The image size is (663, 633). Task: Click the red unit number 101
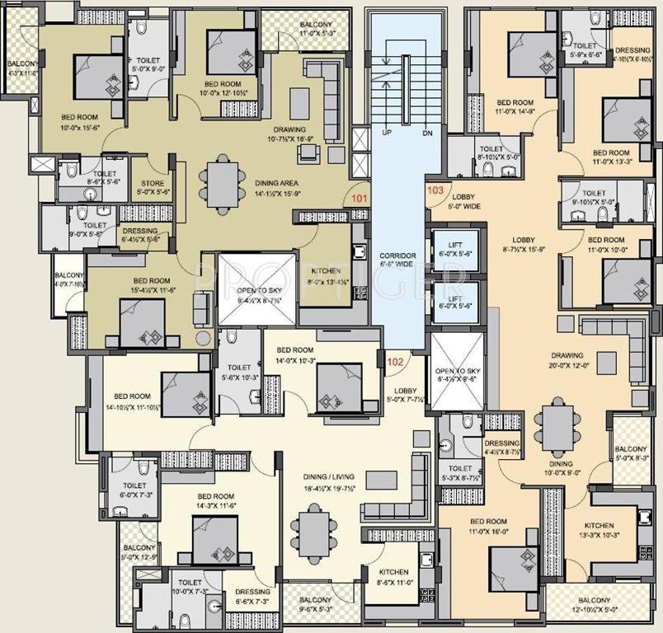359,198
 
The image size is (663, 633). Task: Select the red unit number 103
436,190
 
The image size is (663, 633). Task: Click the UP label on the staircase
384,132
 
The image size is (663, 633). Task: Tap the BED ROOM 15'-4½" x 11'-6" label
148,285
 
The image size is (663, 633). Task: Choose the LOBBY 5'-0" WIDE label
464,201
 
